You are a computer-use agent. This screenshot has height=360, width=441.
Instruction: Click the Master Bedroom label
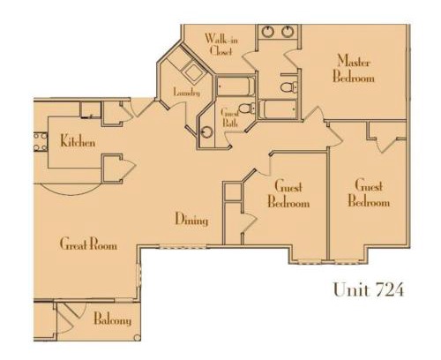tap(354, 68)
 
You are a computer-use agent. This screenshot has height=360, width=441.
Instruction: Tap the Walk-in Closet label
tap(221, 44)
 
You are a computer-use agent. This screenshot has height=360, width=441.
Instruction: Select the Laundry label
tap(187, 92)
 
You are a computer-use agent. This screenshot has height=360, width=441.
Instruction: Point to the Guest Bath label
tap(229, 117)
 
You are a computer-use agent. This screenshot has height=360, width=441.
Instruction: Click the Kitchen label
tap(78, 141)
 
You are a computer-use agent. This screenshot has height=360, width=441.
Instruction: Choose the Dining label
tap(191, 219)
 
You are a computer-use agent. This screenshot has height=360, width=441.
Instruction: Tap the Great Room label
tap(88, 244)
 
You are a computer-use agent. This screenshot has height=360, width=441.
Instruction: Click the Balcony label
tap(113, 319)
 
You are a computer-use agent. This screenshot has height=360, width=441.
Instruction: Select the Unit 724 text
tap(369, 289)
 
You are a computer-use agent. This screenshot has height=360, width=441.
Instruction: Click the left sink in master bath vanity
tap(268, 32)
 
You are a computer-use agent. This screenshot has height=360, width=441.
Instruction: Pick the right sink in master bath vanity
tap(288, 32)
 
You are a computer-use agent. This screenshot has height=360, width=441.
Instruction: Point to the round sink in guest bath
tap(207, 132)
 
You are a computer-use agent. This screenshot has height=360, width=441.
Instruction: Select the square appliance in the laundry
tap(193, 71)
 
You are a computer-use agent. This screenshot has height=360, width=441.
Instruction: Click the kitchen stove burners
tap(41, 142)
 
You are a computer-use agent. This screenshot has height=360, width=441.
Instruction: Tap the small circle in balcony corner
tap(137, 338)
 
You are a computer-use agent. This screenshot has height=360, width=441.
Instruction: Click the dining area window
tap(183, 246)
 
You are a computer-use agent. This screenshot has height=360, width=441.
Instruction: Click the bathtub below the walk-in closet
tap(235, 86)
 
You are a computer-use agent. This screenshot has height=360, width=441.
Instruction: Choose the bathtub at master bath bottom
tap(278, 109)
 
